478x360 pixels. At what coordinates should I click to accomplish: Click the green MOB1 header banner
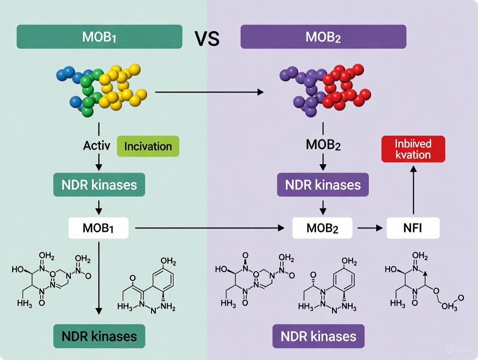point(99,36)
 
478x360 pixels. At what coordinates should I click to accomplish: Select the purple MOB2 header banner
point(323,36)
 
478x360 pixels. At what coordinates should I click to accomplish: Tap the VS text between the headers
point(207,39)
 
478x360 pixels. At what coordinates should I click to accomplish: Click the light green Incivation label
point(148,146)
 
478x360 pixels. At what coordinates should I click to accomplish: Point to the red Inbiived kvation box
point(413,149)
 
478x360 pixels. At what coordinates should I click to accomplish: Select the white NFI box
point(413,228)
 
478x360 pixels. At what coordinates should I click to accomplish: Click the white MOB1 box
point(99,228)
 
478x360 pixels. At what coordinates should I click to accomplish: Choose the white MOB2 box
point(323,228)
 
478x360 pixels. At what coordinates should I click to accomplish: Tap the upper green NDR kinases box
point(99,185)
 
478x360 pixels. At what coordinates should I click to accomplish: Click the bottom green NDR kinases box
point(99,336)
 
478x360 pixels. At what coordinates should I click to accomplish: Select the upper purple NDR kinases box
point(323,185)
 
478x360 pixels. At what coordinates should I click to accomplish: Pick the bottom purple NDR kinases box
point(318,336)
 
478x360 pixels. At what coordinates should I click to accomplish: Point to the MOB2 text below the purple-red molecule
point(323,145)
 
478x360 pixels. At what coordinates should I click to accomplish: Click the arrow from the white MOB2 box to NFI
point(369,228)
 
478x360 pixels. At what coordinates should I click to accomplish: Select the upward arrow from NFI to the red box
point(413,190)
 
